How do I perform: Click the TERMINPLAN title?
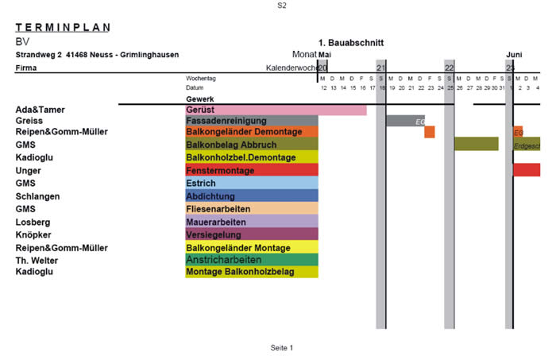pyautogui.click(x=63, y=27)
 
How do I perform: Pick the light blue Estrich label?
pyautogui.click(x=200, y=183)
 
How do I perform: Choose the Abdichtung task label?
pyautogui.click(x=208, y=195)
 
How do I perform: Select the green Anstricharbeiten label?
pyautogui.click(x=224, y=259)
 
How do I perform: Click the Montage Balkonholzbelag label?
pyautogui.click(x=240, y=272)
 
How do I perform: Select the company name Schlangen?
pyautogui.click(x=37, y=195)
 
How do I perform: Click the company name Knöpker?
pyautogui.click(x=34, y=235)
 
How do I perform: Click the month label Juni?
pyautogui.click(x=514, y=54)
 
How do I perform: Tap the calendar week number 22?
pyautogui.click(x=449, y=68)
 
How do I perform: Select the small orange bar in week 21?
pyautogui.click(x=430, y=132)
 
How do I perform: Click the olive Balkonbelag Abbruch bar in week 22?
pyautogui.click(x=477, y=144)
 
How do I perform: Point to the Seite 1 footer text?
pyautogui.click(x=282, y=348)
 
